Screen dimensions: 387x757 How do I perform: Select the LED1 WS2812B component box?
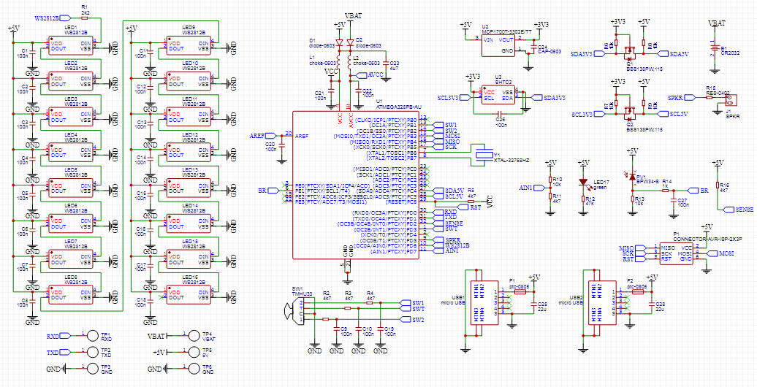[x=70, y=47]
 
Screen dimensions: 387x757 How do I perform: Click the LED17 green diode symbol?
[x=583, y=182]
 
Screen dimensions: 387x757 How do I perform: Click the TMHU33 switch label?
[x=302, y=292]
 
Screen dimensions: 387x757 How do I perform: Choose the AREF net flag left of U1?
[x=265, y=135]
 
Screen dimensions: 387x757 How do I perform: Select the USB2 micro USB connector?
[x=596, y=299]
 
